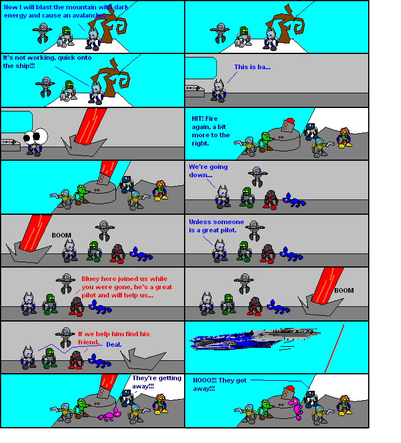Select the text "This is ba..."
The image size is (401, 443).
point(252,67)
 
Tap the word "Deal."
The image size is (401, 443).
point(114,344)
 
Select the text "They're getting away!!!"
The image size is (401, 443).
point(156,382)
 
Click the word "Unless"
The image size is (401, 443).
point(200,222)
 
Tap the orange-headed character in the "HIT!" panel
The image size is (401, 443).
point(344,137)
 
